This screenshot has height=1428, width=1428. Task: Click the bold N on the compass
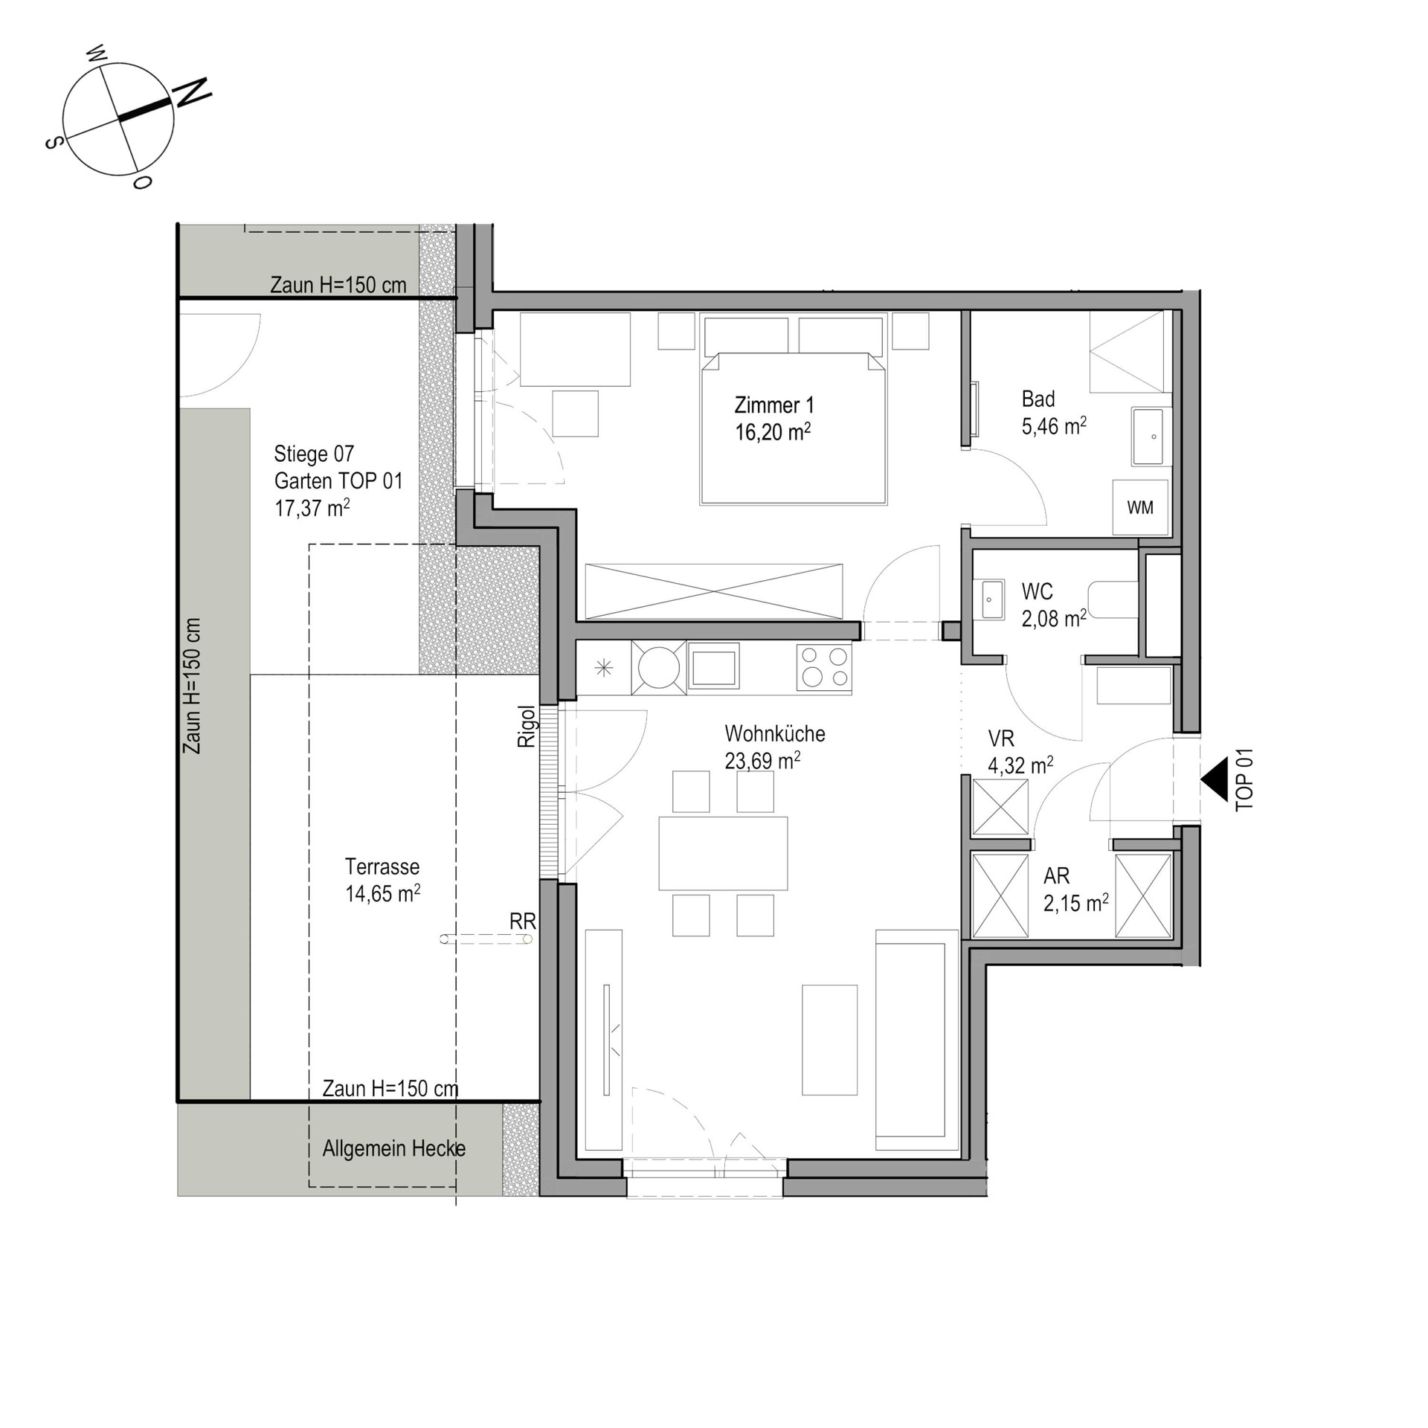pos(192,92)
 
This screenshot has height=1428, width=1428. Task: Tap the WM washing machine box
pos(1139,507)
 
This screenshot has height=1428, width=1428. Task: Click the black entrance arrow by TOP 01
pos(1214,779)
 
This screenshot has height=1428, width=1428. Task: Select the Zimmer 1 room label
pos(774,405)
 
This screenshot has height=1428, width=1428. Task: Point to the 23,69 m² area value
pos(762,761)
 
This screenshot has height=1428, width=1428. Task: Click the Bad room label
pos(1038,399)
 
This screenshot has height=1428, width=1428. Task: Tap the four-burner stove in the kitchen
pos(824,667)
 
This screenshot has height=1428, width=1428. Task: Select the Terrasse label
pos(382,866)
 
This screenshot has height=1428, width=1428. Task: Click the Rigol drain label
pos(527,727)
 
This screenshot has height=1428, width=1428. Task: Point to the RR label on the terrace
pos(522,922)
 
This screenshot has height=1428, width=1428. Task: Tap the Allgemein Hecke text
pos(394,1148)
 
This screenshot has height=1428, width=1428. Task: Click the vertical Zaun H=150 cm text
pos(193,686)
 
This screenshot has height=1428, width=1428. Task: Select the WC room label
pos(1037,592)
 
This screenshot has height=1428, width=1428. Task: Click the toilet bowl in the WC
pos(1113,599)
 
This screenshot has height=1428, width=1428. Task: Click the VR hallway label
pos(1001,739)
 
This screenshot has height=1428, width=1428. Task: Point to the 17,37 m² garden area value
pos(312,508)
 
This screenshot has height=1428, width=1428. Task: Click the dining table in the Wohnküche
pos(723,853)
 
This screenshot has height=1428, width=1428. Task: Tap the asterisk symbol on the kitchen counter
pos(604,668)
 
